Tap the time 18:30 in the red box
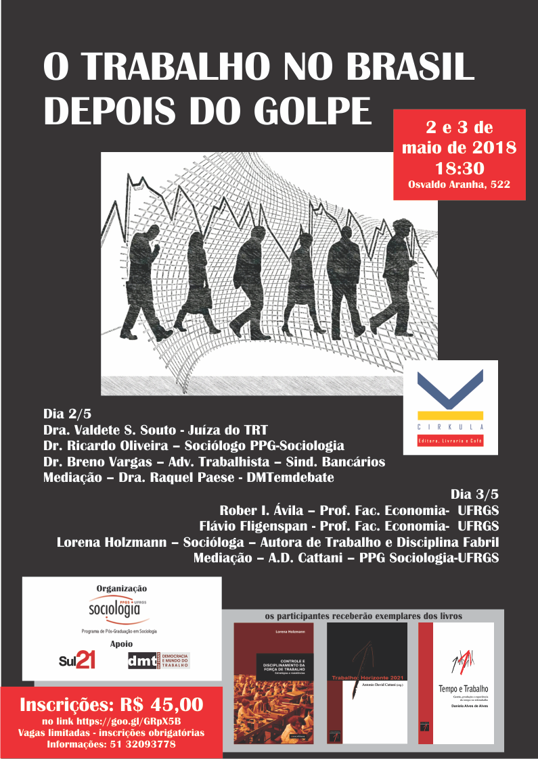pyautogui.click(x=459, y=166)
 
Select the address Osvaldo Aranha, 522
pyautogui.click(x=459, y=184)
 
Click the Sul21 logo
pyautogui.click(x=77, y=660)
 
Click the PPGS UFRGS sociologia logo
pyautogui.click(x=119, y=610)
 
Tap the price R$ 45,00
pyautogui.click(x=159, y=704)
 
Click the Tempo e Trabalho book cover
pyautogui.click(x=456, y=683)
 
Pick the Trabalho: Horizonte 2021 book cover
pyautogui.click(x=367, y=683)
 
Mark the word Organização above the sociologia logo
pyautogui.click(x=122, y=588)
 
